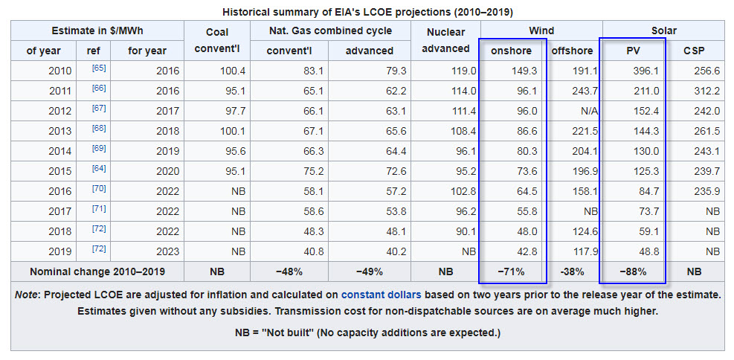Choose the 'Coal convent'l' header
click(216, 41)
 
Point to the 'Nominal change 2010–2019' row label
click(97, 271)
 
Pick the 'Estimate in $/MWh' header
click(97, 30)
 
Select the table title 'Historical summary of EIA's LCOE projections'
click(367, 12)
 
